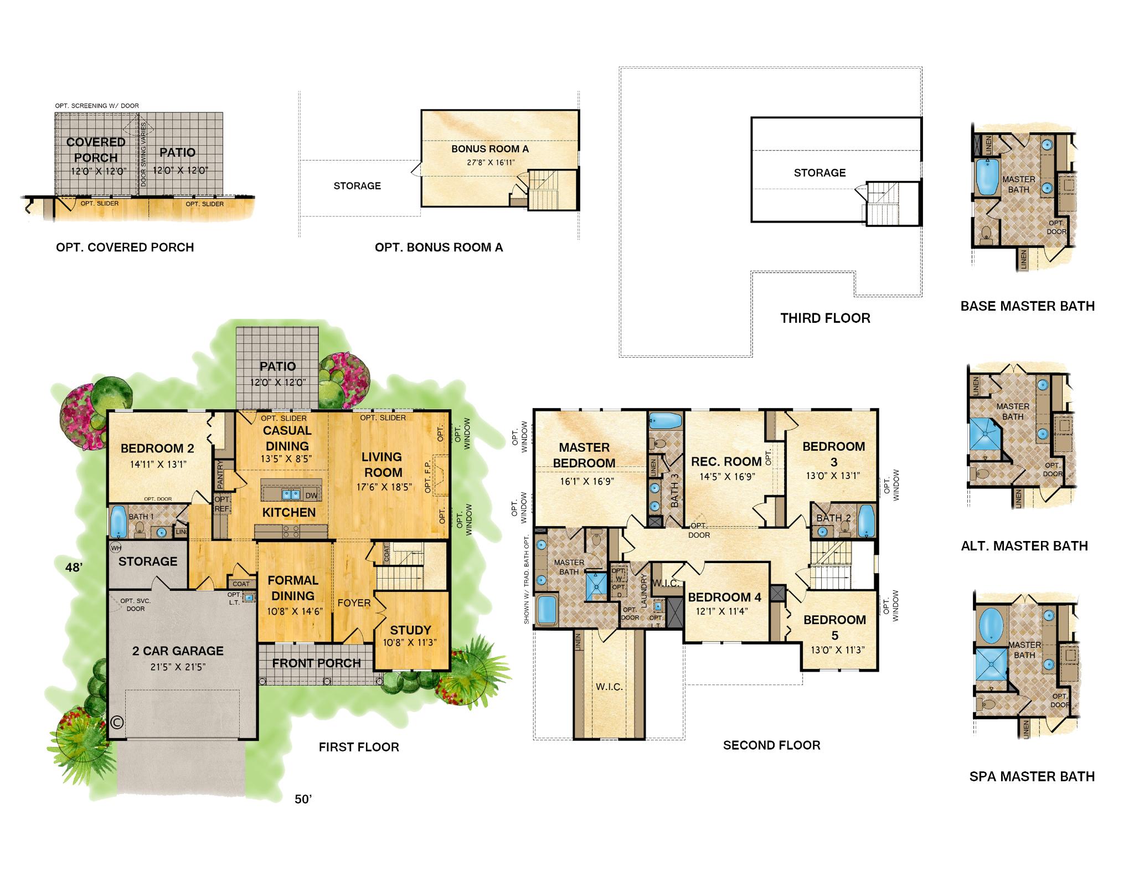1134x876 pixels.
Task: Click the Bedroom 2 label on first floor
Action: [x=157, y=448]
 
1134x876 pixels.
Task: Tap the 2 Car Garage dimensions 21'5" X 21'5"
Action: [x=178, y=667]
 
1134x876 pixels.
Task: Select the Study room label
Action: [x=410, y=630]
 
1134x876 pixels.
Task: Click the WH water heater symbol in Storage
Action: [x=116, y=548]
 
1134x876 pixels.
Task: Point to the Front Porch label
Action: [x=316, y=663]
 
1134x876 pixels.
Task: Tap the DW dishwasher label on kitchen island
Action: [x=311, y=496]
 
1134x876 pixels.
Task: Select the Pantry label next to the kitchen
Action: [x=220, y=475]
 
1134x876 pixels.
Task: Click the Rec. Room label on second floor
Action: [x=726, y=461]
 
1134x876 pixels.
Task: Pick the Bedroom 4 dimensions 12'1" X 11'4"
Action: [x=723, y=611]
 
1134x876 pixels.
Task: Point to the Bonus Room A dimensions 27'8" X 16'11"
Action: [x=489, y=162]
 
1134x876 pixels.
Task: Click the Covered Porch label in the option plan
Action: [x=96, y=150]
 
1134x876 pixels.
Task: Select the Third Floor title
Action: [x=825, y=318]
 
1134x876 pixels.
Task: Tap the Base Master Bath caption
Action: [x=1027, y=306]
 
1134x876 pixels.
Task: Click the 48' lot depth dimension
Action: [x=73, y=567]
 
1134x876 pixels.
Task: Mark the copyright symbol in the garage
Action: [x=117, y=722]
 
